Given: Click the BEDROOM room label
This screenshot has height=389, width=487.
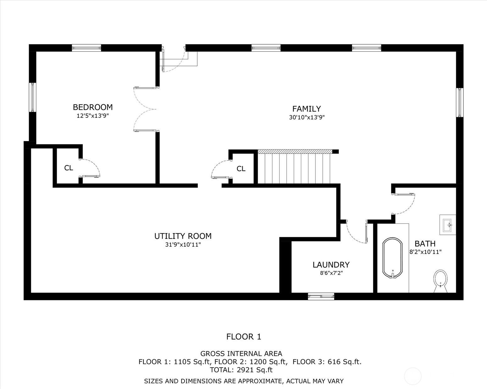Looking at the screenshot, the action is pyautogui.click(x=92, y=107).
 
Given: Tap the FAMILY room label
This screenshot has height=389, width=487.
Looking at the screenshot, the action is pyautogui.click(x=307, y=109).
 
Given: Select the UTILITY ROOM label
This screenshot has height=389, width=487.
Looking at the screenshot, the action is pyautogui.click(x=183, y=236).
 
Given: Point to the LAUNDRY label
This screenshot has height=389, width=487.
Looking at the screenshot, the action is pyautogui.click(x=331, y=265).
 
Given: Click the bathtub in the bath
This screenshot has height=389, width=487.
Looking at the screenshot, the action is pyautogui.click(x=392, y=258).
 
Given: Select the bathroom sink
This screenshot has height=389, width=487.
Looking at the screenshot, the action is pyautogui.click(x=448, y=225).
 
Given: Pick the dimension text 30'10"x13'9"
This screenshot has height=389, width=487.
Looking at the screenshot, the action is pyautogui.click(x=307, y=117).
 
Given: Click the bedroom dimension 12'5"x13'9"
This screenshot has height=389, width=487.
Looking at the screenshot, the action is pyautogui.click(x=92, y=116).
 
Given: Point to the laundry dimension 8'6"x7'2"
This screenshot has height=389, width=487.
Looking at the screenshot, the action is pyautogui.click(x=331, y=273).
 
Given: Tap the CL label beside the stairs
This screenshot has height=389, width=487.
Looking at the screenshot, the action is pyautogui.click(x=241, y=169).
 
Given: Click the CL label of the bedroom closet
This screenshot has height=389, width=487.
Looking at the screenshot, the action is pyautogui.click(x=69, y=168).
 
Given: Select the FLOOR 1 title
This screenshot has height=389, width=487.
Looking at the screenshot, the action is pyautogui.click(x=244, y=337).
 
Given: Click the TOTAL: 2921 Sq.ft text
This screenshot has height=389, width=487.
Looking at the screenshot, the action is pyautogui.click(x=241, y=370).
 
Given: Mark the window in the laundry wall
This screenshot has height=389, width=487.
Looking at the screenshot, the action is pyautogui.click(x=321, y=296).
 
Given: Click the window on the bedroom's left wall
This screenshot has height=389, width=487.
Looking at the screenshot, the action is pyautogui.click(x=33, y=97).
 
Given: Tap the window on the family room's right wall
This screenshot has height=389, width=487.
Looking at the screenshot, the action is pyautogui.click(x=460, y=102).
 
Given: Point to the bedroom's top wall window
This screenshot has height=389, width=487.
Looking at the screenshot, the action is pyautogui.click(x=86, y=48).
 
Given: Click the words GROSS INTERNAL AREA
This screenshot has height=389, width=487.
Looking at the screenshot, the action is pyautogui.click(x=241, y=354).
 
